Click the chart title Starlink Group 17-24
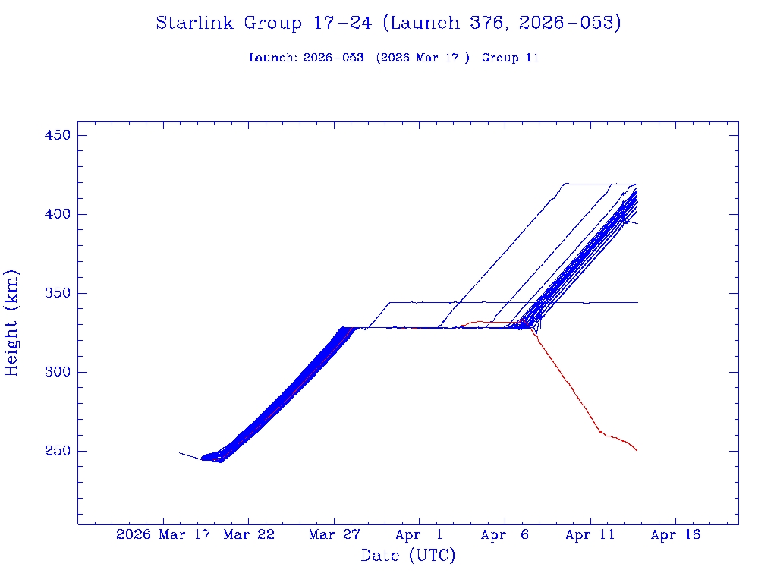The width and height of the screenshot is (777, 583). point(388,24)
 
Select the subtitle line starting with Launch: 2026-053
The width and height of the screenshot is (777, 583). point(394,58)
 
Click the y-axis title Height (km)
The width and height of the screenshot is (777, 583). point(12,323)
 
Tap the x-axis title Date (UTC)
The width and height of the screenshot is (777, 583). point(407,556)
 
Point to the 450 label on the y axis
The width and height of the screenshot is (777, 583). point(56,136)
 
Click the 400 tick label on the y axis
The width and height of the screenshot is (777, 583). point(56,215)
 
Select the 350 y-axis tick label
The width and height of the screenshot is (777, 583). point(56,294)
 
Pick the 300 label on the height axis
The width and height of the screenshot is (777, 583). point(56,373)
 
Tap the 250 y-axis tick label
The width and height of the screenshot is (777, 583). point(56,452)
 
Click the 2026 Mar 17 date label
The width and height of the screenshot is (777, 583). point(162,535)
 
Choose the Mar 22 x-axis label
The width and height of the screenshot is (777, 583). point(248,535)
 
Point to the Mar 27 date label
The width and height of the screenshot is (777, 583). point(334,535)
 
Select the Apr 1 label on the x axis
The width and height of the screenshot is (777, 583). point(420,535)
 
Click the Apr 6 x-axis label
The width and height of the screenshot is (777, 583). point(505,535)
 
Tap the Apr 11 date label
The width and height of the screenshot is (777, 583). point(590,535)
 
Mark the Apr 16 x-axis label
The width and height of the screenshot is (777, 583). point(676,535)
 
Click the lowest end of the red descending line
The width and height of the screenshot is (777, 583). point(637,451)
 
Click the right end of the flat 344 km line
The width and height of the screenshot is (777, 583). point(637,302)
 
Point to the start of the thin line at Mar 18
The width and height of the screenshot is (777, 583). point(180,453)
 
